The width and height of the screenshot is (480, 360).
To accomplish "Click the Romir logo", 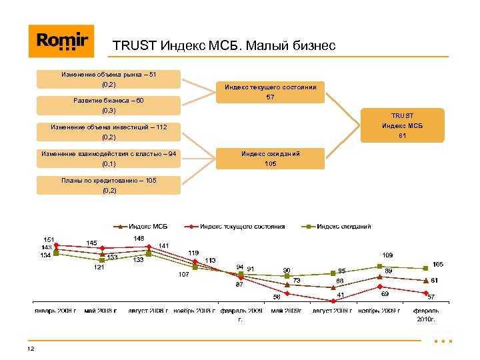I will (61, 41).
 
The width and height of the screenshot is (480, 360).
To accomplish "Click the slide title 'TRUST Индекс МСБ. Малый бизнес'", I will (224, 46).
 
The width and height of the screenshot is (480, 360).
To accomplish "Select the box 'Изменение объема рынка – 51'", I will (108, 79).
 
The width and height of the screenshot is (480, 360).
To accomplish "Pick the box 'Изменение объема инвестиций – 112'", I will (108, 132).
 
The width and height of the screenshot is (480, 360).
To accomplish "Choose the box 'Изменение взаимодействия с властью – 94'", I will (108, 159).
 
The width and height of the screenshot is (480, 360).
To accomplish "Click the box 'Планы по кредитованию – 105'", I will (108, 185).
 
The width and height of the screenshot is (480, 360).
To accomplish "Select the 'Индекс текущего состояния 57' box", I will (270, 93).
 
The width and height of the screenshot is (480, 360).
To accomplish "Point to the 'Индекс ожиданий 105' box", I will (270, 159).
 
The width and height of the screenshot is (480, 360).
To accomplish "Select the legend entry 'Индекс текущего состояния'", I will (241, 227).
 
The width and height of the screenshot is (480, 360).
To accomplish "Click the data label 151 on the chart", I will (49, 239).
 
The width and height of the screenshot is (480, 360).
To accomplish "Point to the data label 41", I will (340, 295).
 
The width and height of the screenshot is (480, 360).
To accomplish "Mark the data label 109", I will (387, 255).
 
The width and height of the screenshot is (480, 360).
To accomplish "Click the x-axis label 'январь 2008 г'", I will (56, 311).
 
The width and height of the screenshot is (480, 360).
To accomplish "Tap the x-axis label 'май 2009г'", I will (286, 311).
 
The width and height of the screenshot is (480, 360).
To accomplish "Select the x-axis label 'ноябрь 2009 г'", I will (379, 311).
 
